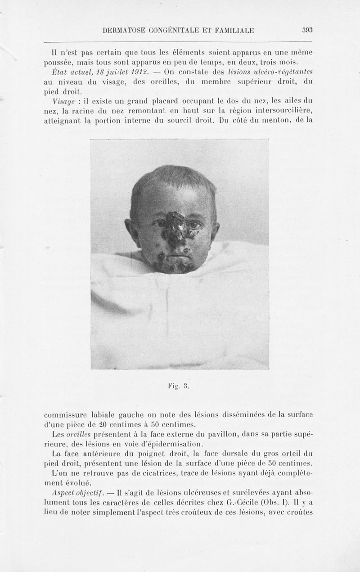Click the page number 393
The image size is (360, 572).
[307, 31]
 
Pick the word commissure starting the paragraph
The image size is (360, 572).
[65, 414]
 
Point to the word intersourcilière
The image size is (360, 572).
[284, 110]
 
